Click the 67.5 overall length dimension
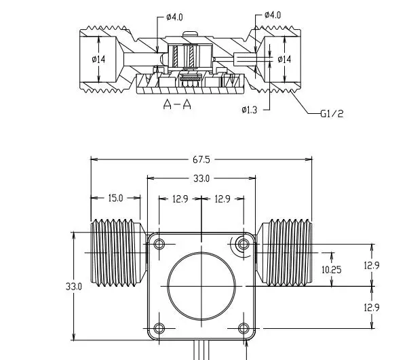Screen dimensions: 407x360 click(201, 160)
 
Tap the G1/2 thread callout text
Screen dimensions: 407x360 click(332, 114)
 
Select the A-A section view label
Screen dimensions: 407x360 click(177, 104)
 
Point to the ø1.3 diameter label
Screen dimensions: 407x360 click(249, 110)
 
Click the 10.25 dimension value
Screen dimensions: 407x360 click(332, 270)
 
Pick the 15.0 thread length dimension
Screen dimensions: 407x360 click(115, 199)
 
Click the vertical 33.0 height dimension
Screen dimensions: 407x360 click(74, 287)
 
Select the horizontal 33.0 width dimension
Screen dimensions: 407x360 click(201, 179)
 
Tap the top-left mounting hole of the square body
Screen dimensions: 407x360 click(159, 244)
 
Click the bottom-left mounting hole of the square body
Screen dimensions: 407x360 click(159, 328)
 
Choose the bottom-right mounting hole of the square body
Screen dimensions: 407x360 click(244, 328)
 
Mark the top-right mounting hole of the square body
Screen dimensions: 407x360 click(244, 244)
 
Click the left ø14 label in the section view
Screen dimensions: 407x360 click(98, 60)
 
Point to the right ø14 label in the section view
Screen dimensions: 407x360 click(284, 60)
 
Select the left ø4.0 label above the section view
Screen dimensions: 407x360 click(175, 18)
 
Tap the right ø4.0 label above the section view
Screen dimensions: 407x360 click(273, 15)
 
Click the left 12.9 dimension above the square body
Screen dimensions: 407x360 click(180, 199)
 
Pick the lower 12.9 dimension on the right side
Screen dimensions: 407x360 click(372, 308)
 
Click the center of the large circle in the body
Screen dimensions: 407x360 click(201, 286)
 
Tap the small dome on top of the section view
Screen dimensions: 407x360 click(190, 34)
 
